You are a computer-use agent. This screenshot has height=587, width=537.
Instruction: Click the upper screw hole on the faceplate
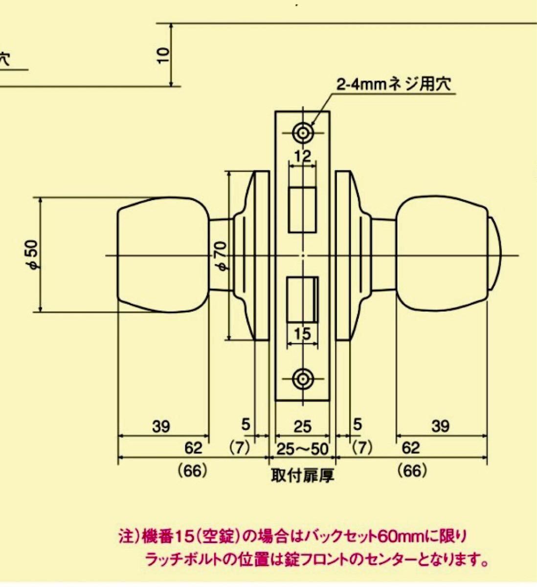[x=303, y=133]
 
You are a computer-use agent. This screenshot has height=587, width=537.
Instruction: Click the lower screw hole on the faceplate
[x=303, y=379]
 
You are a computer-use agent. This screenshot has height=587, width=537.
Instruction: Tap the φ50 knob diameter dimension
[x=33, y=255]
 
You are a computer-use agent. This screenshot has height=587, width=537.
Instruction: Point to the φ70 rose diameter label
[x=221, y=256]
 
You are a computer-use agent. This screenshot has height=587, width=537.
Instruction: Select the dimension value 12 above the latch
[x=303, y=156]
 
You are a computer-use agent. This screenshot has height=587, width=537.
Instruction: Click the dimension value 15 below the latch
[x=302, y=334]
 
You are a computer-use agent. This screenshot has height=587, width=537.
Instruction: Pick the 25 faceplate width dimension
[x=303, y=427]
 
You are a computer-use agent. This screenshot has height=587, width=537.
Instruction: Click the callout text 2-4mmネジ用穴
[x=394, y=85]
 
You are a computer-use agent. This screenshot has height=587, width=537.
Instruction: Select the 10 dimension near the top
[x=163, y=55]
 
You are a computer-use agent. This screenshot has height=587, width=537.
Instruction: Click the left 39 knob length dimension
[x=161, y=427]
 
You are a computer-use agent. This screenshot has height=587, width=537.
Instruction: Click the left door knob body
[x=164, y=255]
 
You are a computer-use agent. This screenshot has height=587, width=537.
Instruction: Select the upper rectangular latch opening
[x=303, y=210]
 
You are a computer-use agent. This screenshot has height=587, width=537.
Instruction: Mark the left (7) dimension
[x=239, y=448]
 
